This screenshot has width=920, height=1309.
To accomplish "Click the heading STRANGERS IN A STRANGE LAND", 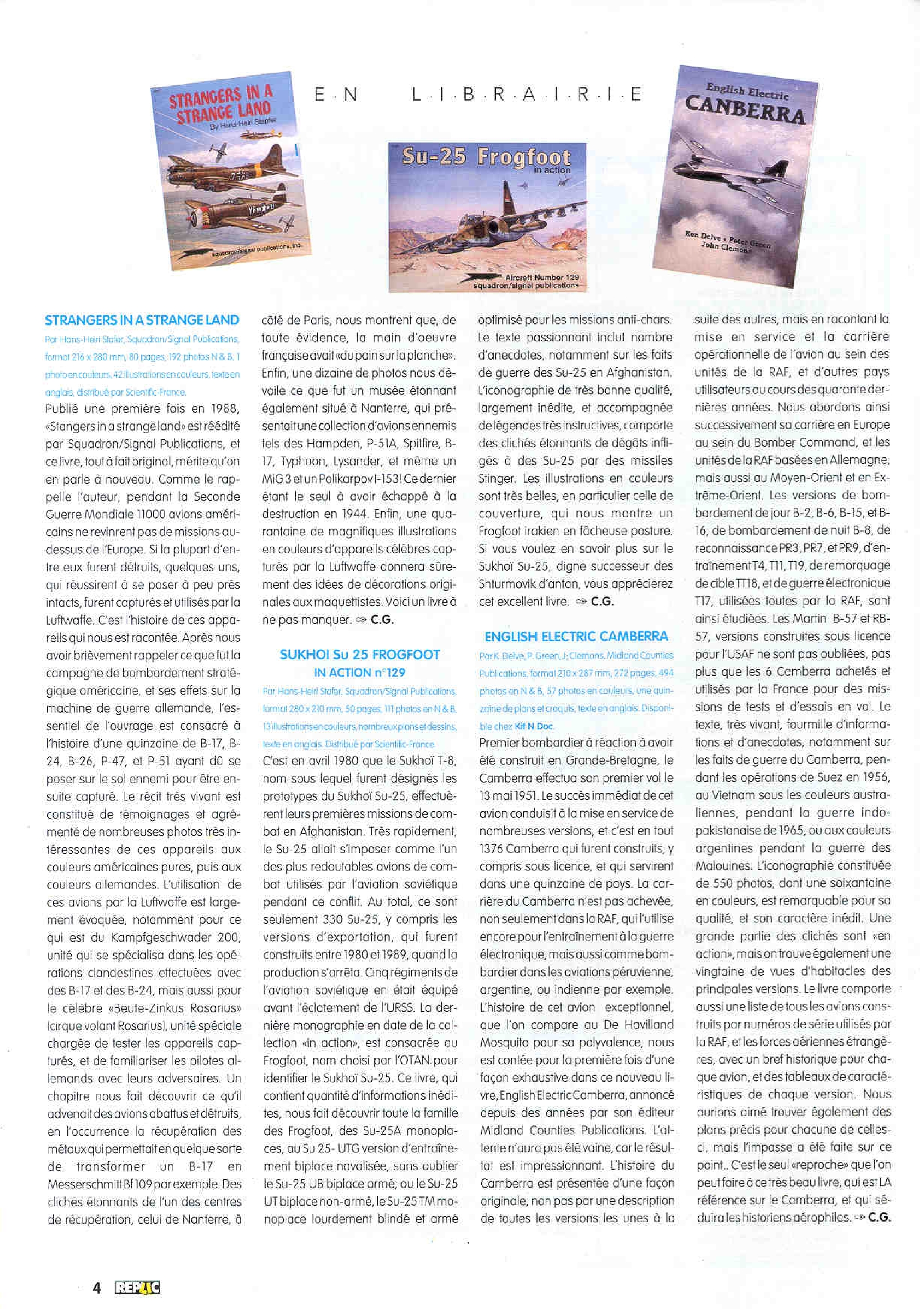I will (141, 320).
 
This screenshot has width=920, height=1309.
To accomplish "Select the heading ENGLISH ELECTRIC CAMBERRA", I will (575, 636).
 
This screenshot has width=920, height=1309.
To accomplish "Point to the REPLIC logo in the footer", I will (137, 1287).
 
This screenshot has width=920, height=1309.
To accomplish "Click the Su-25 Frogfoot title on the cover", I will (486, 158).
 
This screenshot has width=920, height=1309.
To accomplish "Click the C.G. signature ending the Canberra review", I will (879, 1217).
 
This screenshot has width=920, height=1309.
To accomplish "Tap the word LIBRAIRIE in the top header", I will (527, 94).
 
